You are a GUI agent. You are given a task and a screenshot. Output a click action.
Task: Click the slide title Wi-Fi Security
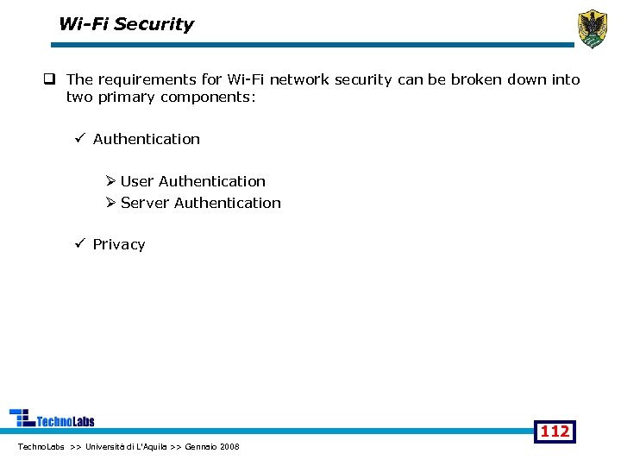point(126,24)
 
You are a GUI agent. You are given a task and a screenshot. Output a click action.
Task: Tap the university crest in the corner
point(592,29)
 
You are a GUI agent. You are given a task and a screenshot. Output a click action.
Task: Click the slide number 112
point(555,431)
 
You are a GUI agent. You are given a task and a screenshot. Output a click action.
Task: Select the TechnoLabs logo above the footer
point(52,419)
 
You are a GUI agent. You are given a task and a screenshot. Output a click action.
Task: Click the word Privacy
point(119,244)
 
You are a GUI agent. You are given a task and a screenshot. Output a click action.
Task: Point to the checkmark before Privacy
point(79,244)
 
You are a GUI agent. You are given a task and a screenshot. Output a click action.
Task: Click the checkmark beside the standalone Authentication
point(79,139)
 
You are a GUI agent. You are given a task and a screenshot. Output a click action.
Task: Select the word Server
point(145,203)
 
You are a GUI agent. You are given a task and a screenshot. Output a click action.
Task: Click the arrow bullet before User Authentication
point(110,181)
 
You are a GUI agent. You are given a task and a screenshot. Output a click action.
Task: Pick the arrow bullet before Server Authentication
point(110,203)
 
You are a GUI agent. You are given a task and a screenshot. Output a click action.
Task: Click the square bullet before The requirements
point(52,80)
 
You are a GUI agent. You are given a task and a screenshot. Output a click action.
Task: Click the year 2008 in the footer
point(229,446)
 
